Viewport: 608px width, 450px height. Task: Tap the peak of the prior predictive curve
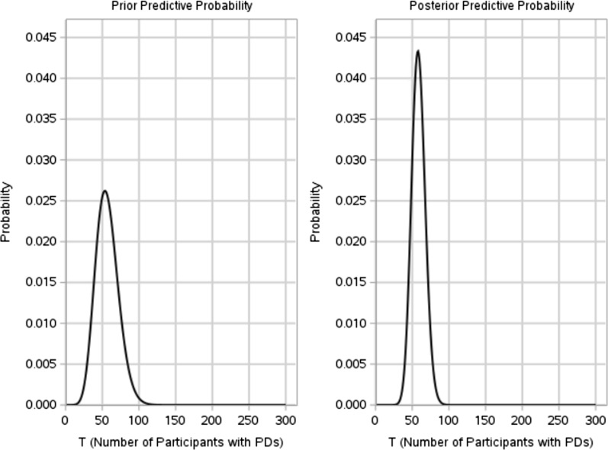coord(105,191)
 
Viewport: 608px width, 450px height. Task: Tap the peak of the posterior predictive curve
coord(417,51)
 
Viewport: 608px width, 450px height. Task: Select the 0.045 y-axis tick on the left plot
coord(37,37)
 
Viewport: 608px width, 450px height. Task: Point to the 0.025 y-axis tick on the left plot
coord(37,201)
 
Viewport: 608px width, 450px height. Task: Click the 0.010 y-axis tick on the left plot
coord(37,323)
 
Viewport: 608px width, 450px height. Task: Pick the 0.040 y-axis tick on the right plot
coord(347,78)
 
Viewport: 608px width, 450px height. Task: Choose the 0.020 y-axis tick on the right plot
coord(347,242)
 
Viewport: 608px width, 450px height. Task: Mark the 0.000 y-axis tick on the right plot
coord(347,405)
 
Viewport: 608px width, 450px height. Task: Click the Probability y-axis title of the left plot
coord(6,212)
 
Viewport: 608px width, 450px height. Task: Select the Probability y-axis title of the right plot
coord(316,212)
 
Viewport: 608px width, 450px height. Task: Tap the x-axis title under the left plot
coord(175,440)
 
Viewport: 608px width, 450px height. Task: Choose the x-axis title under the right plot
coord(484,440)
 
